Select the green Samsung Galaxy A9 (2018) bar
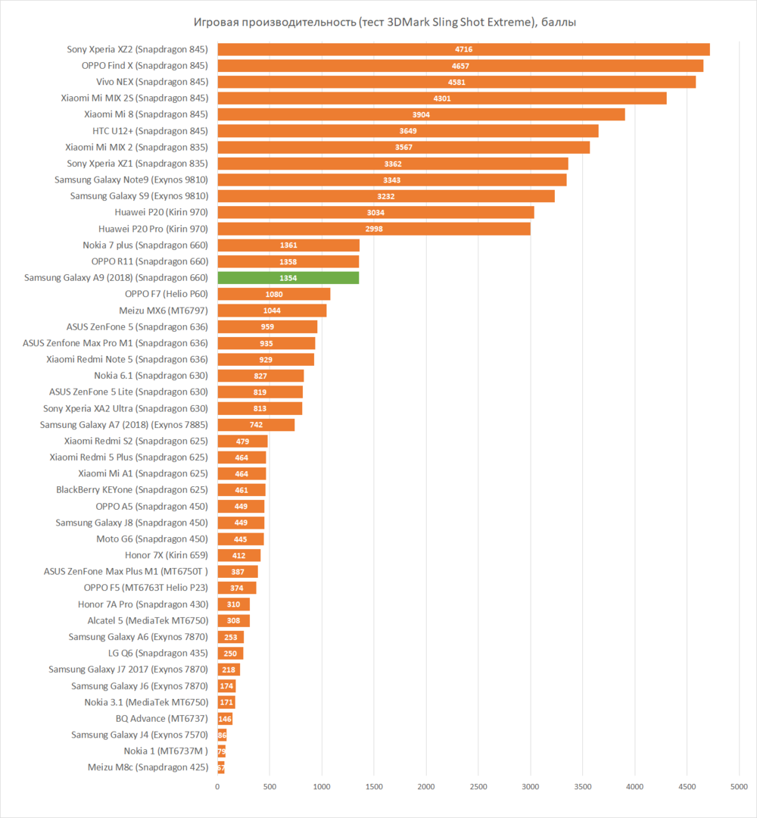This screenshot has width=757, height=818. click(288, 278)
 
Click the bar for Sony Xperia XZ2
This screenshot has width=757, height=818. click(463, 49)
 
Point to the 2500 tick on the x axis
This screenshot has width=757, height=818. click(478, 788)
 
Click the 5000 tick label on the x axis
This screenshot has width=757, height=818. click(739, 788)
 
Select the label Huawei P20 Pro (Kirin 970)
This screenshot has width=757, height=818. click(153, 229)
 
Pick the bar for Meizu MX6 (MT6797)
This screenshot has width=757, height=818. click(272, 311)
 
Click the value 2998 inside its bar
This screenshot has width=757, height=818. click(374, 229)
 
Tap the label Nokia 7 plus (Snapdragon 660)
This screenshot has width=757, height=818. click(145, 245)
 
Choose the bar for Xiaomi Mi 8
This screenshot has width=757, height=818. click(421, 114)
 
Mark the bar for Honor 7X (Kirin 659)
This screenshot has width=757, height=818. click(238, 555)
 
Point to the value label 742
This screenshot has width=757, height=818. click(256, 425)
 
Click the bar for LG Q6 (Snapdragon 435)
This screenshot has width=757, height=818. click(230, 653)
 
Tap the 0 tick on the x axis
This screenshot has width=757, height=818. click(218, 788)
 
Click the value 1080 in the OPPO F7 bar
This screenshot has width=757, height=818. click(274, 294)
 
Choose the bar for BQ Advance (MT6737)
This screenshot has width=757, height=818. click(225, 718)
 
